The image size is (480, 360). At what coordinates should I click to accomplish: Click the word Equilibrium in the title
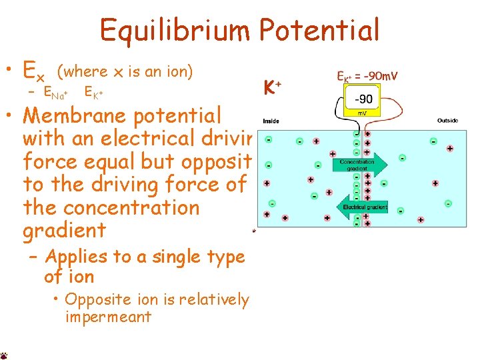(175, 30)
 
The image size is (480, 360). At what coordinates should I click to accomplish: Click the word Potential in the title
(319, 30)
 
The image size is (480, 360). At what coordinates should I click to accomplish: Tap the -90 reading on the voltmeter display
(363, 99)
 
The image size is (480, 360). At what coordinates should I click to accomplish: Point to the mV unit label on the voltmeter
(363, 113)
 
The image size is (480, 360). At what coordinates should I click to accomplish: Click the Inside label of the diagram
(271, 121)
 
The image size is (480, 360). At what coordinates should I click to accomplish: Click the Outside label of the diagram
(447, 121)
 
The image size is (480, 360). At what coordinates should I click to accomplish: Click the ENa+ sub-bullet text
(59, 93)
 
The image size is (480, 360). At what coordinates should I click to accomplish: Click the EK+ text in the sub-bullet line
(94, 93)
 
